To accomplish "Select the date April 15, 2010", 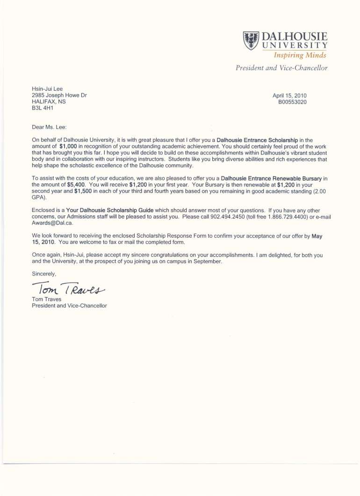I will coord(289,95).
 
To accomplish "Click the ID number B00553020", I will coord(292,102).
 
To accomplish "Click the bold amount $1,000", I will coord(71,146).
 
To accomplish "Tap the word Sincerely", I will coord(44,273).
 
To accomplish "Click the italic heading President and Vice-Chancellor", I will coord(281,68).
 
